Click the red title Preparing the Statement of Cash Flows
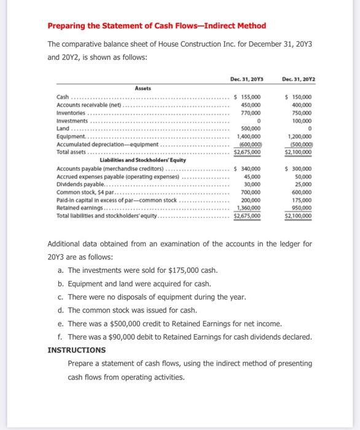tap(157, 25)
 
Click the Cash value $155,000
tap(248, 98)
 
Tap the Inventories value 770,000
tap(251, 113)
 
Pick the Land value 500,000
tap(251, 128)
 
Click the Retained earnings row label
tap(80, 209)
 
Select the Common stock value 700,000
tap(251, 193)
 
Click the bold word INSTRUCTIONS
tap(76, 350)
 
